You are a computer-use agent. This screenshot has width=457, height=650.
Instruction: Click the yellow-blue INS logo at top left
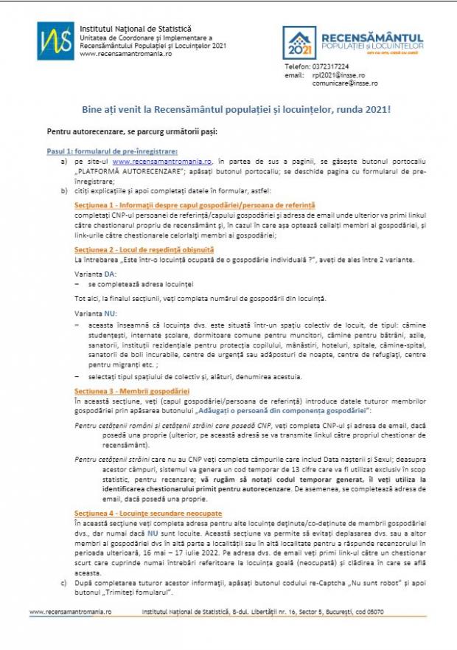point(56,40)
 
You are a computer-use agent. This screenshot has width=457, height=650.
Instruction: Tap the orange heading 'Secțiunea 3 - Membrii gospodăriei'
point(132,390)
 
